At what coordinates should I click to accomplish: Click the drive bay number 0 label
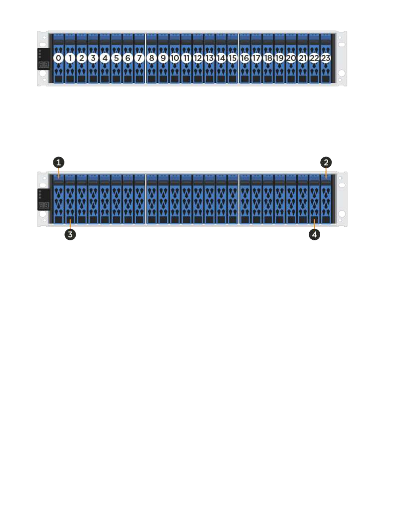tap(58, 58)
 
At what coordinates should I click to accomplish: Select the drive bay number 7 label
tap(140, 58)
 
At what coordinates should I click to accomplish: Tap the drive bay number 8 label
tap(152, 58)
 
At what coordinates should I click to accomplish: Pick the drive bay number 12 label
tap(198, 58)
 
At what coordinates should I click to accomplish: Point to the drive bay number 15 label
tap(233, 58)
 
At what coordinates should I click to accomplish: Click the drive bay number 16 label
tap(245, 58)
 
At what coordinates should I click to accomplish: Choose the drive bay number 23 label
tap(326, 58)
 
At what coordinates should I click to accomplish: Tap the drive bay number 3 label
tap(93, 58)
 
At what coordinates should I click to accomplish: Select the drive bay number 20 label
tap(291, 58)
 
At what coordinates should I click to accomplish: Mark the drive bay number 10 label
tap(175, 58)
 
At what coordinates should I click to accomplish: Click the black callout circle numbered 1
tap(58, 163)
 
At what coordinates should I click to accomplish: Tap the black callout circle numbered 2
tap(326, 163)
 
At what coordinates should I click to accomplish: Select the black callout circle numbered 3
tap(70, 234)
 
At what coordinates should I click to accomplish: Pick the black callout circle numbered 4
tap(314, 234)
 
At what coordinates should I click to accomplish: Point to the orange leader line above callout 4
tap(314, 224)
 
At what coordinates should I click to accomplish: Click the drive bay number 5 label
tap(116, 58)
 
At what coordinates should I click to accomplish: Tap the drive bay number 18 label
tap(268, 58)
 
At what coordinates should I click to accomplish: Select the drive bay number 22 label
tap(314, 58)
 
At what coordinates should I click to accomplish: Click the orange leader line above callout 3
tap(70, 224)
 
